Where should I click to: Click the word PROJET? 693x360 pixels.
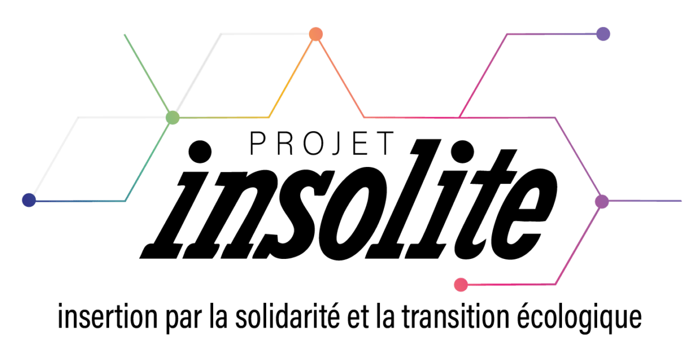322,143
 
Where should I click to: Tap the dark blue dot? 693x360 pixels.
28,200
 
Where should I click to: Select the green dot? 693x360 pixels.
172,118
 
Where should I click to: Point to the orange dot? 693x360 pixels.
315,34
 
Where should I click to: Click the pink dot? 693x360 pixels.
460,284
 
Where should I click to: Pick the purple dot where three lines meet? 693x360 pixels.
602,201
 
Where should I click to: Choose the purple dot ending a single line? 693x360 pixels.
603,34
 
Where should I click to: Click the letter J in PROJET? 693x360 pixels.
336,143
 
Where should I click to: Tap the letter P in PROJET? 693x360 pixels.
258,143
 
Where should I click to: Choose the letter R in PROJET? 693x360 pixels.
284,143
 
